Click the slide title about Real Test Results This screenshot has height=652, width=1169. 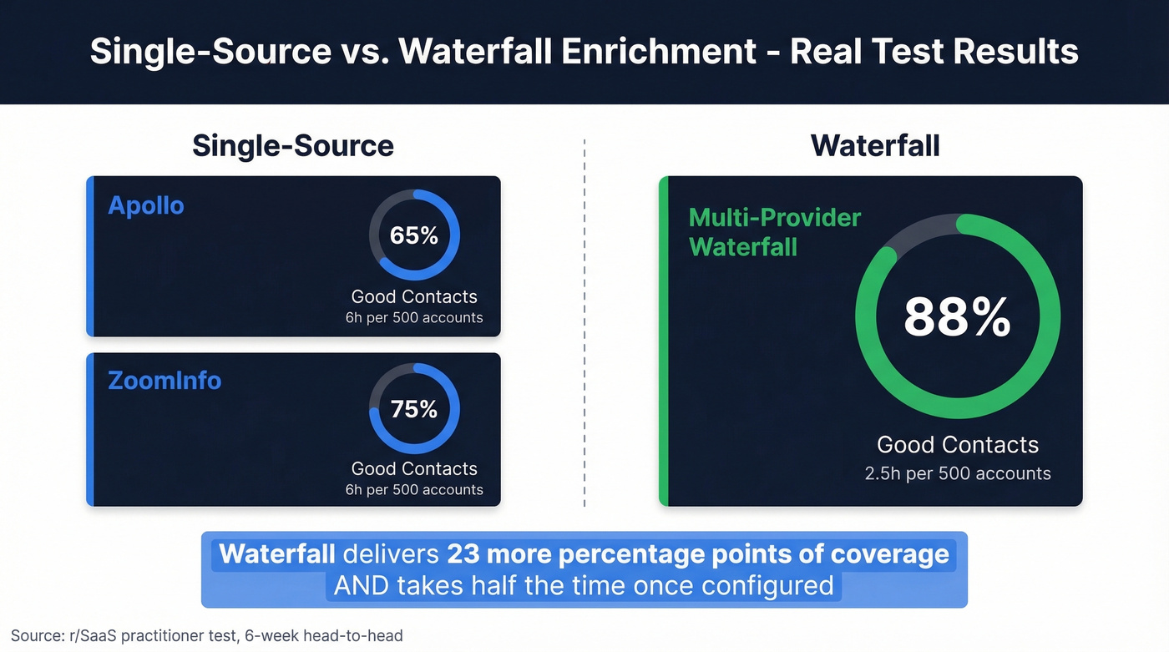point(584,52)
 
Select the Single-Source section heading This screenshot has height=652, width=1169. point(292,145)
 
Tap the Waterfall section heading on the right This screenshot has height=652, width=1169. point(874,145)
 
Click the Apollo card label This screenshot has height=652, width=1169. point(146,205)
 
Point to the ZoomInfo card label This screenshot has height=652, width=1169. point(164,381)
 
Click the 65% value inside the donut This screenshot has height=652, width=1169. point(414,235)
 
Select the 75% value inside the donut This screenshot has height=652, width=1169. point(414,409)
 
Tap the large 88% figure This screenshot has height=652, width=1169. point(957,317)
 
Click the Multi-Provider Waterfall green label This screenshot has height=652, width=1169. point(774,232)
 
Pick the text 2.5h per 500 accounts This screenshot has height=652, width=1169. point(957,473)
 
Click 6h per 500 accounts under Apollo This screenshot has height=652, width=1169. point(414,317)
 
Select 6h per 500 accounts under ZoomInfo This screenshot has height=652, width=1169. point(414,490)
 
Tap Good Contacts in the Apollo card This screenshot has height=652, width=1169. point(414,296)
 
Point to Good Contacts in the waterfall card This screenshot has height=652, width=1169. point(957,445)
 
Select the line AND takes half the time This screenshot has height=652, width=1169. point(584,585)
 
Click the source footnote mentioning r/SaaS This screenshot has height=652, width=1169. point(207,635)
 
